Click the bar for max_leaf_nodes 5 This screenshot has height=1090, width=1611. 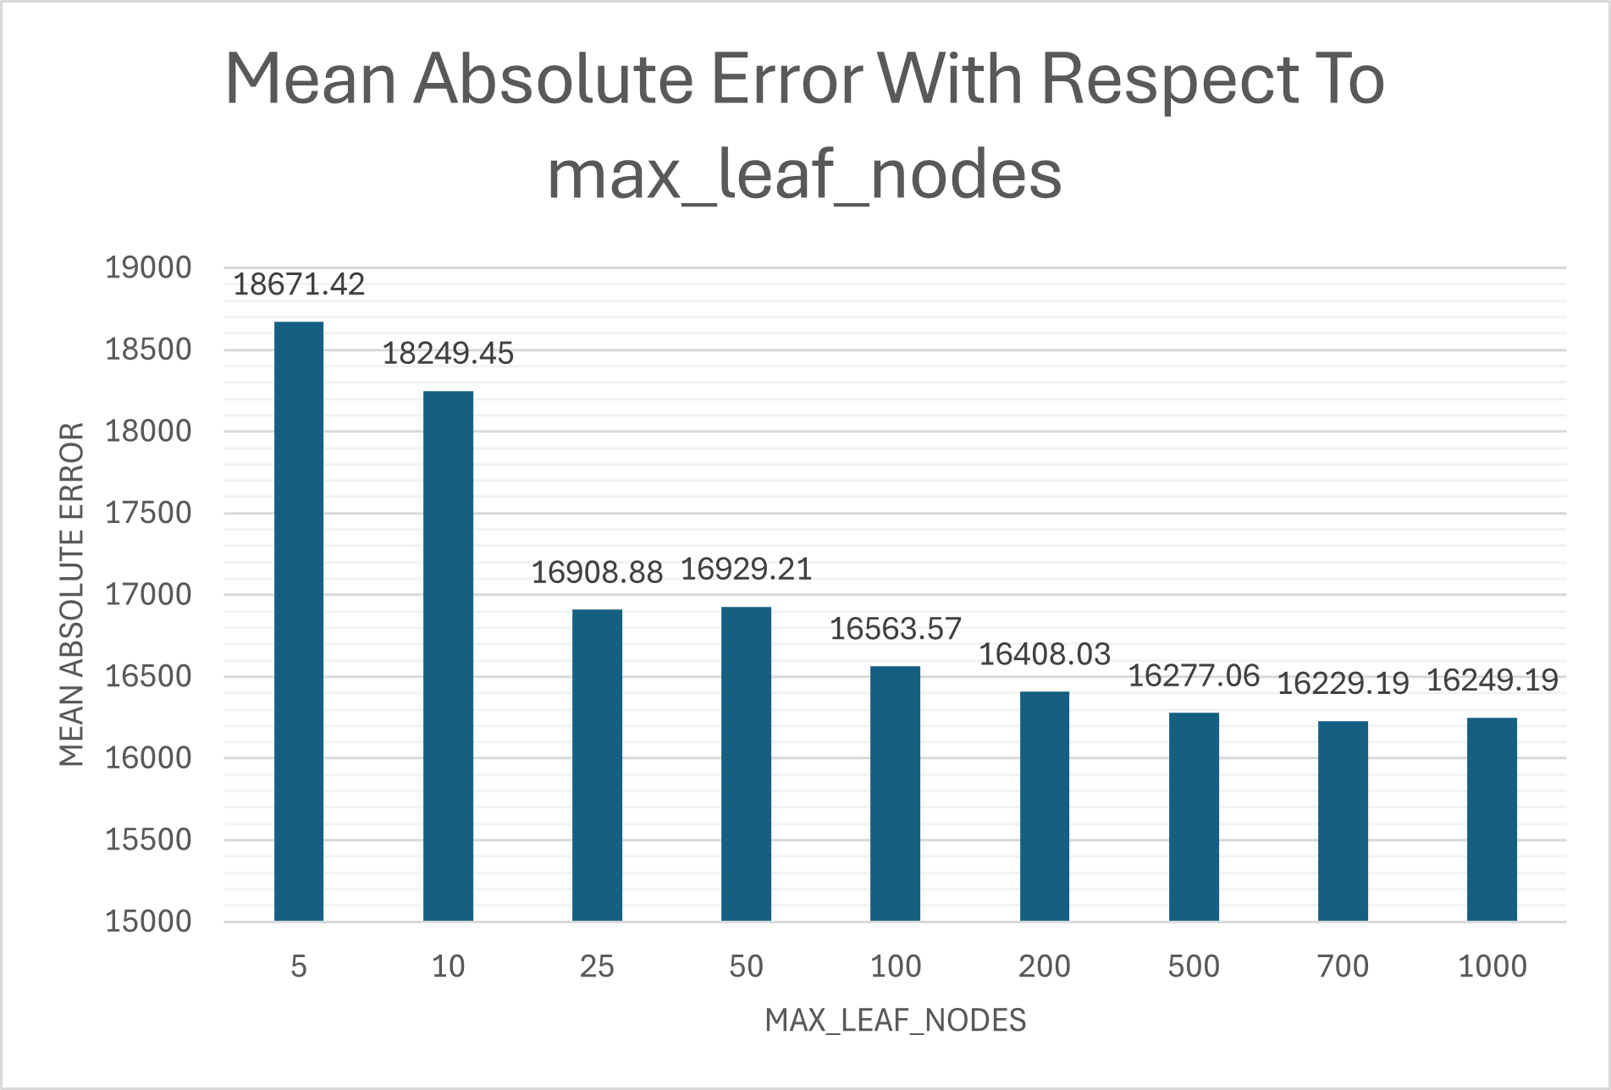299,621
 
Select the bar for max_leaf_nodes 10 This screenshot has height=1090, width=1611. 448,656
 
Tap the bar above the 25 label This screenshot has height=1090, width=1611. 597,765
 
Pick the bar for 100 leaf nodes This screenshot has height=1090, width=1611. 895,794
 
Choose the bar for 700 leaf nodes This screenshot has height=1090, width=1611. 1343,821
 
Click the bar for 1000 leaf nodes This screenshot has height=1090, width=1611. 1492,819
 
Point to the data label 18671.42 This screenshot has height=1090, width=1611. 299,284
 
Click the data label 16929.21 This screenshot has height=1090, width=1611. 746,570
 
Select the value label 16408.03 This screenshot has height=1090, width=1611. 1044,654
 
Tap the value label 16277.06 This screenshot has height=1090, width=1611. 1194,676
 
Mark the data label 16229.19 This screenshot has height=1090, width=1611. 1343,683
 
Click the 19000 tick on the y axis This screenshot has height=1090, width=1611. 148,268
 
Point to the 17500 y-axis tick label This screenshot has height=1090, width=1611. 148,513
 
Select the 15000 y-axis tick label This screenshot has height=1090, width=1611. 148,922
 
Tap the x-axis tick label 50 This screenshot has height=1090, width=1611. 746,966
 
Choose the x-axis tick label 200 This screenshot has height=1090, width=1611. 1044,966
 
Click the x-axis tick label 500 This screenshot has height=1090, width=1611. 1194,966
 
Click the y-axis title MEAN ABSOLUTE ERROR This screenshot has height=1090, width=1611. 72,594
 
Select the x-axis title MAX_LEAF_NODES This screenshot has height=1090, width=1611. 895,1021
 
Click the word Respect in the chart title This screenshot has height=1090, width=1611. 1169,80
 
